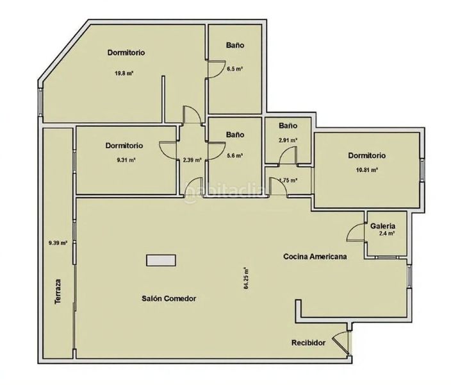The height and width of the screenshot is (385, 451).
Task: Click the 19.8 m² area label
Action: [x=124, y=73]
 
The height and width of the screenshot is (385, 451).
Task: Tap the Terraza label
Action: [x=58, y=291]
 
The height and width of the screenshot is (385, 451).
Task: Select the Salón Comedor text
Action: [x=169, y=298]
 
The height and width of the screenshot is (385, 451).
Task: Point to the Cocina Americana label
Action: [x=315, y=257]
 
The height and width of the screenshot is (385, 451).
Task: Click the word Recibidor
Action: [x=308, y=343]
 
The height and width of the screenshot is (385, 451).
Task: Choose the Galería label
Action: [x=382, y=227]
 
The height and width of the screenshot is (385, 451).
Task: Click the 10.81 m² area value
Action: [x=366, y=170]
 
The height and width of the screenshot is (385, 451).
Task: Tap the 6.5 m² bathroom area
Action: [x=234, y=69]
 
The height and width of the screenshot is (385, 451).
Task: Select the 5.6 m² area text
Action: [x=234, y=156]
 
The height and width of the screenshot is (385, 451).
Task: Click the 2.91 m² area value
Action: [x=288, y=141]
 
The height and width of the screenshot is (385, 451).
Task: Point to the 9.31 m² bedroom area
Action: [x=126, y=160]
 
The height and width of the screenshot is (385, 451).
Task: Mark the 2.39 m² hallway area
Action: [x=192, y=160]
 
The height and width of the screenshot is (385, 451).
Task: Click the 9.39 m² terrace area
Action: [x=58, y=243]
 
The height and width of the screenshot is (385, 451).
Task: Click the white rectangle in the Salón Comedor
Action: [x=161, y=261]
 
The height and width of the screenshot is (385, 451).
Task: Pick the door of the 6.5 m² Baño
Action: [x=216, y=69]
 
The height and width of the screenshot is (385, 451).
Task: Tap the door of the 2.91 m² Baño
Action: [x=287, y=155]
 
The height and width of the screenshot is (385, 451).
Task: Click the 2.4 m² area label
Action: [x=386, y=234]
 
